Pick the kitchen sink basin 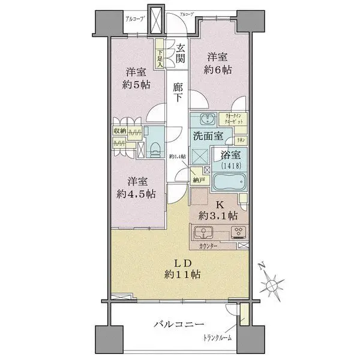coord(202,232)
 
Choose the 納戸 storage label coord(199,180)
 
